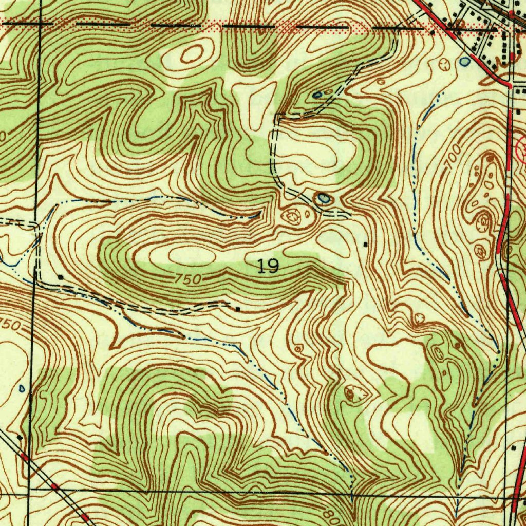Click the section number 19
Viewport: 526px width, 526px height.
pyautogui.click(x=268, y=266)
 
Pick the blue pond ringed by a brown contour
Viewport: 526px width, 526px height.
pyautogui.click(x=323, y=198)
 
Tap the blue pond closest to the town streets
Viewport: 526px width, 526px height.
pyautogui.click(x=464, y=62)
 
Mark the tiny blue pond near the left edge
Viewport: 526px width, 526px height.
pyautogui.click(x=21, y=388)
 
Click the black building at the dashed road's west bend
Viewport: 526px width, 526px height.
pyautogui.click(x=61, y=277)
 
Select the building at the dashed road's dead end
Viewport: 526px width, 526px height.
pyautogui.click(x=238, y=309)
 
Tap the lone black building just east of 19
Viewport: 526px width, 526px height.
pyautogui.click(x=365, y=245)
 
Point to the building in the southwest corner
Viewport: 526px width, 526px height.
pyautogui.click(x=19, y=437)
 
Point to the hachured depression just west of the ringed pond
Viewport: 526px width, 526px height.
pyautogui.click(x=293, y=216)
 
